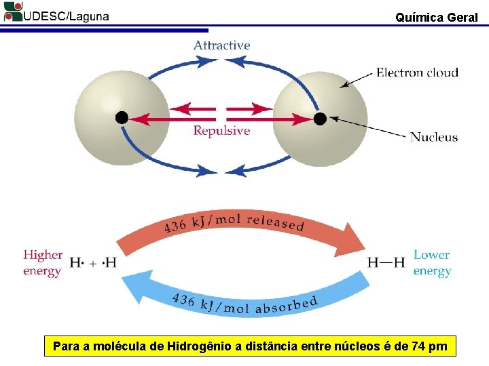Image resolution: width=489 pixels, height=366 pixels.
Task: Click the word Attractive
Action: point(221,45)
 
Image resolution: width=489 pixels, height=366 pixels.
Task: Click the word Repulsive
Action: point(221,131)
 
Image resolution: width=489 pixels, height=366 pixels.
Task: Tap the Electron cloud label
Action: point(417,73)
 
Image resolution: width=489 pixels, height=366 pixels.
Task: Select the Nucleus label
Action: point(434,137)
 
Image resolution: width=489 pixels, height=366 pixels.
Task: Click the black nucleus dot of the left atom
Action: point(122,117)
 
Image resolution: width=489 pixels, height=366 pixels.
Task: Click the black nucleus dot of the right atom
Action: point(320,119)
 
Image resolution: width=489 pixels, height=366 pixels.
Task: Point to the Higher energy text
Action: point(42,263)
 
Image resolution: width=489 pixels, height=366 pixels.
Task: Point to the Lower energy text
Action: point(432,263)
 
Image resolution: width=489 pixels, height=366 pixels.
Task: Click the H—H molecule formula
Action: point(386,262)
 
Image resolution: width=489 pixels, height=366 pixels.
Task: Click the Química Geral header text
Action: point(436,18)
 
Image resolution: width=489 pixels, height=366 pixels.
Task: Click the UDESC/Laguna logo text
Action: point(65,17)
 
